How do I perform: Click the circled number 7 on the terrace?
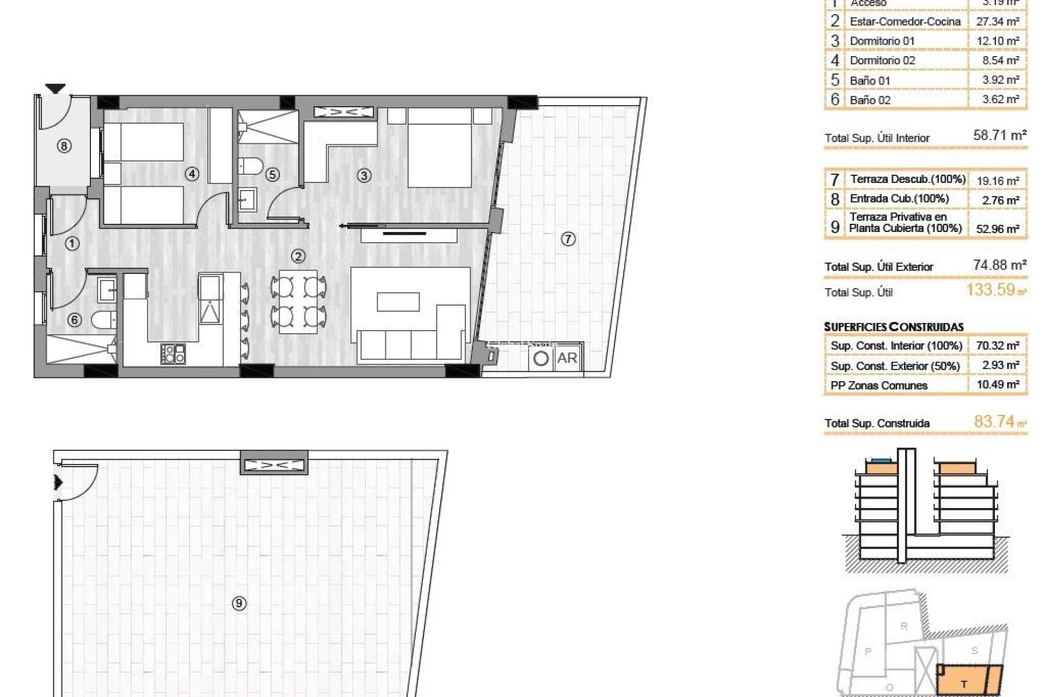(568, 239)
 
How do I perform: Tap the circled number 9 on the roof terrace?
(238, 603)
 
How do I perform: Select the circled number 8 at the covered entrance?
(64, 145)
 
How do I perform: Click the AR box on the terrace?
(567, 358)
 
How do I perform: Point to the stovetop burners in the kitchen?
(173, 353)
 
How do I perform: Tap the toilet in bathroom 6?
(104, 320)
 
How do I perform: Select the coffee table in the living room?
(398, 302)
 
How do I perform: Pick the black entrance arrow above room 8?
(55, 88)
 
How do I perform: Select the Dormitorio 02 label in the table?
(882, 60)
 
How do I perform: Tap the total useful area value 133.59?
(991, 290)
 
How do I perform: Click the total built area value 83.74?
(994, 421)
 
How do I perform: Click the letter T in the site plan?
(964, 684)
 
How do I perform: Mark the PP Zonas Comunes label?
(878, 386)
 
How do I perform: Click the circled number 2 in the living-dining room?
(298, 256)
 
